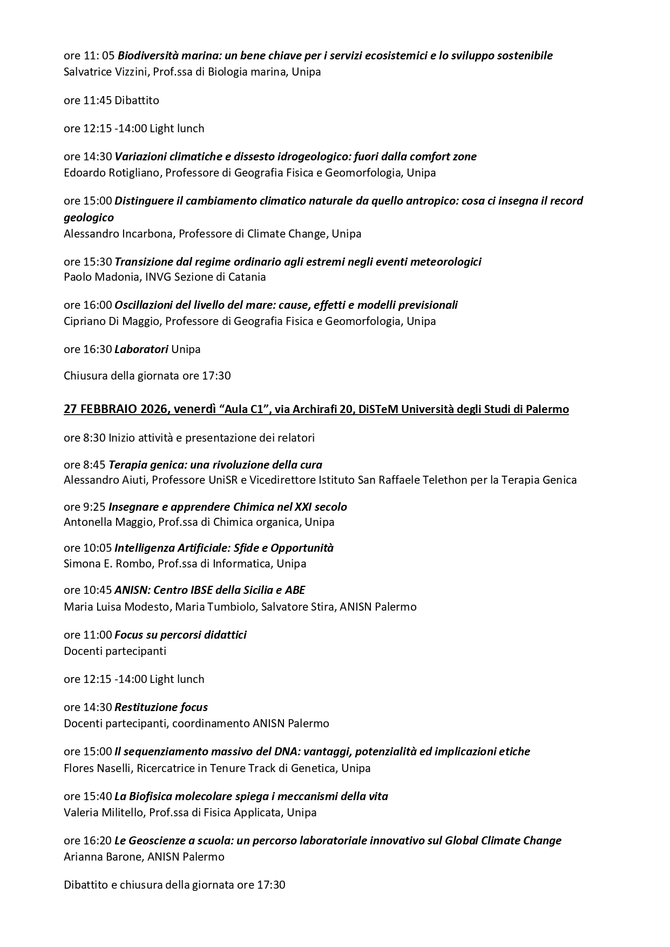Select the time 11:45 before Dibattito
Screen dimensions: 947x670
pos(98,100)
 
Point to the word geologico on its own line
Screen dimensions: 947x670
pos(89,218)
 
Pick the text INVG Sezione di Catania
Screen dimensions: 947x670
pos(205,277)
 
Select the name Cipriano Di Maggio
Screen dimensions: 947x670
pos(112,321)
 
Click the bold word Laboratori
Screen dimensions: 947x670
pos(141,349)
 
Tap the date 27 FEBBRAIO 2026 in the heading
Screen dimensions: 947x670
pos(114,409)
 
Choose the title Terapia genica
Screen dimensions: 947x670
pos(143,465)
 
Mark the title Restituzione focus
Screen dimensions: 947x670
pos(161,707)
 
